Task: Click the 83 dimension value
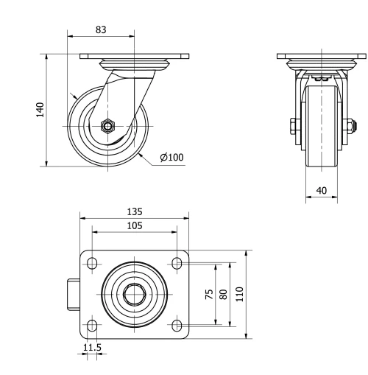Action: coord(102,29)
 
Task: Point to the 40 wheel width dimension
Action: coord(321,190)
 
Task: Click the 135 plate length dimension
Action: coord(133,211)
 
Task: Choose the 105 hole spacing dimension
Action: coord(133,225)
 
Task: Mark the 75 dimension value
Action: coord(208,294)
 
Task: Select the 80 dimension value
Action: coord(223,294)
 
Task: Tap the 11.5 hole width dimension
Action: coord(91,346)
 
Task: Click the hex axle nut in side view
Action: coord(108,126)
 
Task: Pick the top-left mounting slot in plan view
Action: coord(92,263)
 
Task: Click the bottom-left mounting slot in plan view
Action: coord(92,325)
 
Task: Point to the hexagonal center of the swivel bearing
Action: coord(134,294)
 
